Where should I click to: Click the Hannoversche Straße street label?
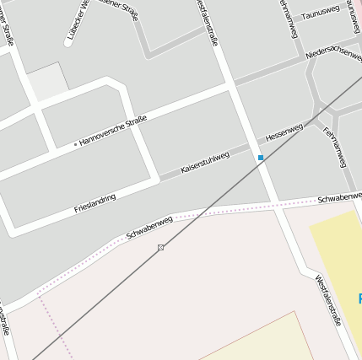113,130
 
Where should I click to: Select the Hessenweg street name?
284,132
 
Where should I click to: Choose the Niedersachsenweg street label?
334,52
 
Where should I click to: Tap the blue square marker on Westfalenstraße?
261,158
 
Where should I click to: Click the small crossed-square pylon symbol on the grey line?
160,247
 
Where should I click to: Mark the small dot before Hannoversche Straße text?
75,144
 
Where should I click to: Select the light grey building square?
48,82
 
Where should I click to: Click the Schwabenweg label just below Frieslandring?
149,226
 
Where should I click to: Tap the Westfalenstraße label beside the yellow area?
327,300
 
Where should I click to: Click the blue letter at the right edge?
359,298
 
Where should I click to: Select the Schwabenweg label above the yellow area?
338,199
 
